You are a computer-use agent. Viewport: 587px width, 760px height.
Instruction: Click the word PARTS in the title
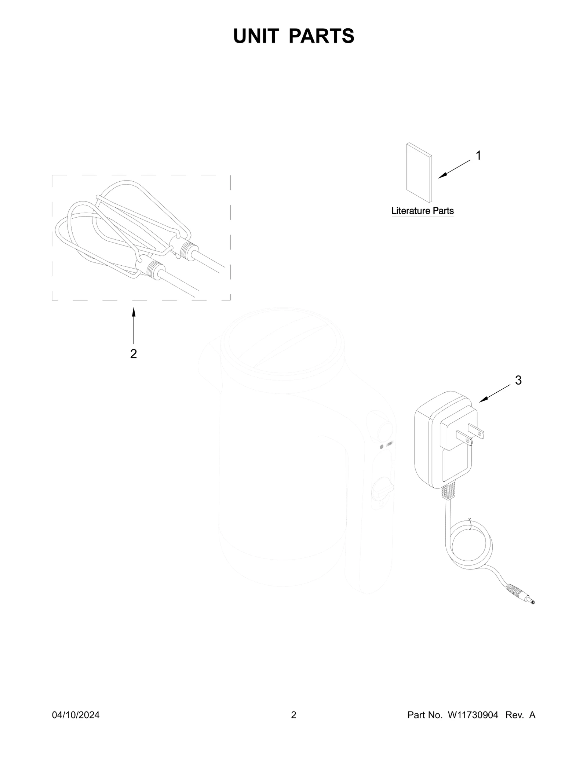[321, 36]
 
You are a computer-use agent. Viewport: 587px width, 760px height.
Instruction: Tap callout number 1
[478, 156]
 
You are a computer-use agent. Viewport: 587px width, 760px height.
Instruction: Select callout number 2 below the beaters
[134, 354]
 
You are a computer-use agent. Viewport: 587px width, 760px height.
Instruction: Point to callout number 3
[518, 381]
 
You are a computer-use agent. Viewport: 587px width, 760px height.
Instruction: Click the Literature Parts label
[423, 211]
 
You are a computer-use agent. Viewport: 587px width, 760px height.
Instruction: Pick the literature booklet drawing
[419, 172]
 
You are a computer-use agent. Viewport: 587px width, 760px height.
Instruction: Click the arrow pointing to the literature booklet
[454, 169]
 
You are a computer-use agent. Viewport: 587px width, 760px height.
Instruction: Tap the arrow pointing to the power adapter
[495, 393]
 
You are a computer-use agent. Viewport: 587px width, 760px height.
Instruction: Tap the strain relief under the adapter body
[449, 492]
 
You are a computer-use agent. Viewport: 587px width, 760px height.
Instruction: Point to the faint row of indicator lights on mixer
[390, 444]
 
